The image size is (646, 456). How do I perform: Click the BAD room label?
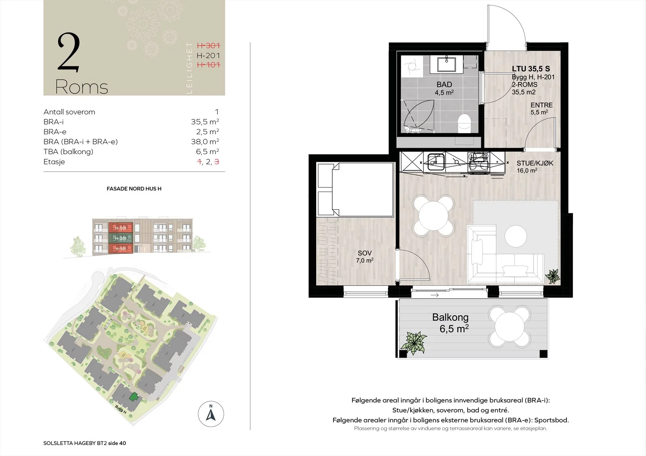(x=444, y=84)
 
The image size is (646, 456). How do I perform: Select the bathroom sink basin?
(x=447, y=64)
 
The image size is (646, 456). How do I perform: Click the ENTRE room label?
(x=541, y=105)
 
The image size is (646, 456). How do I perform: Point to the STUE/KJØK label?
(x=535, y=163)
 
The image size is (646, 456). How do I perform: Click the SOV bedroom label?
(x=365, y=253)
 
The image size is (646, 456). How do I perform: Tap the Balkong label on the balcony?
(x=450, y=317)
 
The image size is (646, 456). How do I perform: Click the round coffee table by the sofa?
(x=516, y=236)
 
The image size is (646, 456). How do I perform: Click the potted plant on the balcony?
(x=413, y=343)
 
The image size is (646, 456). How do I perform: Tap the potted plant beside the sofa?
(x=552, y=276)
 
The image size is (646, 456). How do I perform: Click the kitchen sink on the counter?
(x=436, y=162)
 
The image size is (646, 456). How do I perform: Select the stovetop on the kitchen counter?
(x=478, y=162)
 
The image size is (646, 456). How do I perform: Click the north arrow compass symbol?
(x=211, y=414)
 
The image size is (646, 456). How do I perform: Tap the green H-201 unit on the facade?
(x=121, y=238)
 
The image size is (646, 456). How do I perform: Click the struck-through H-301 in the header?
(x=208, y=46)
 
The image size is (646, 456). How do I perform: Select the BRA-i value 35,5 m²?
(x=205, y=122)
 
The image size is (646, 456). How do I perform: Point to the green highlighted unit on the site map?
(x=134, y=397)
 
